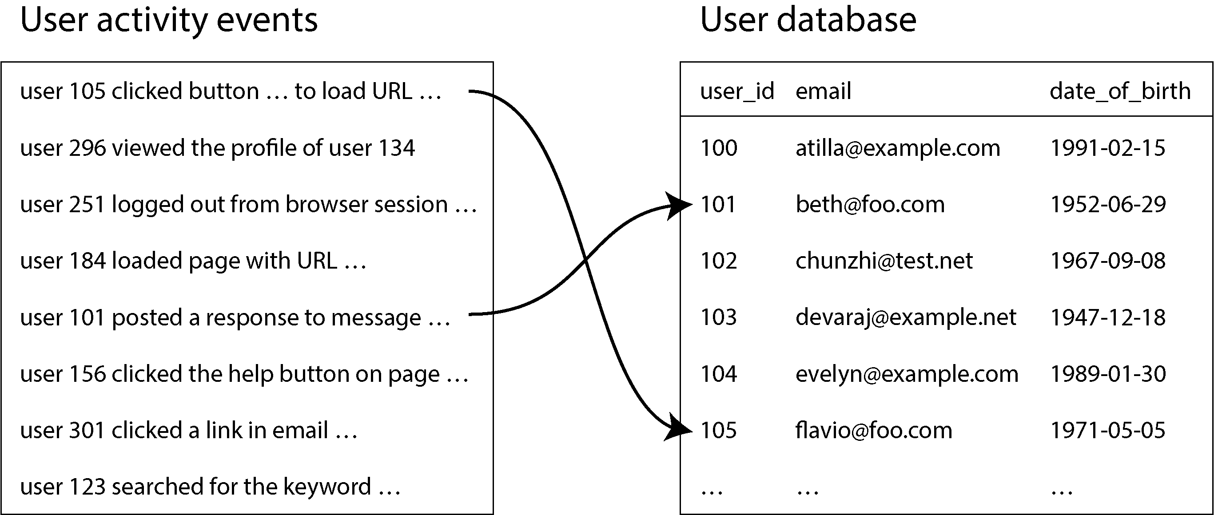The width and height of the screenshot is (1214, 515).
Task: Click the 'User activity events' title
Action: pos(169,21)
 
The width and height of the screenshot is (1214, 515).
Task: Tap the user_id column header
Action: pos(737,91)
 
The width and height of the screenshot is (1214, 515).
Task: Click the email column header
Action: pos(823,91)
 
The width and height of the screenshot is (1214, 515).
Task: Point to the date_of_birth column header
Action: pos(1120,91)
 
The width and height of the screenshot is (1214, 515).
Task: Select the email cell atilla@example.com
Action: pos(898,148)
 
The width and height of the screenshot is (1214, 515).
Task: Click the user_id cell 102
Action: pos(718,261)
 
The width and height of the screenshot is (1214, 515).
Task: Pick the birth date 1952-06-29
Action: pos(1108,205)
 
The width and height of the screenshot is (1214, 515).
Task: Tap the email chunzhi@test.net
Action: pos(884,261)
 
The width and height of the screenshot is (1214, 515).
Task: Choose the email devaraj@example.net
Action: pos(906,317)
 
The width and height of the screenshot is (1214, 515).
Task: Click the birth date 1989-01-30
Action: pos(1108,374)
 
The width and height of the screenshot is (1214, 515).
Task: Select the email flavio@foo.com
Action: pos(874,430)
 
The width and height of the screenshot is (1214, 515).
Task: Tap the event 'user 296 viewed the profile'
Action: pos(217,148)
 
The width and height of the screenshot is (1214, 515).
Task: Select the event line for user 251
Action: pos(249,205)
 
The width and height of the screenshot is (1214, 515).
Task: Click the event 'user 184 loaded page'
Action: pos(193,261)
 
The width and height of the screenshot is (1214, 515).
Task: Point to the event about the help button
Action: pos(244,374)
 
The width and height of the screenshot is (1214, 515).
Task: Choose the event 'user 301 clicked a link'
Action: pos(188,431)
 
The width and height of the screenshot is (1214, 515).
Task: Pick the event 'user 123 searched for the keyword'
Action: pos(210,487)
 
